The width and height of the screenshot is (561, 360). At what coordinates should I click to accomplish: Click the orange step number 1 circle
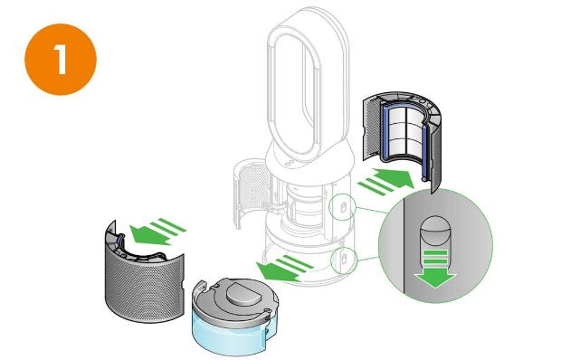(x=61, y=60)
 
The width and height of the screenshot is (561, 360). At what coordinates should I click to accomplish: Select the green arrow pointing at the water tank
(x=284, y=268)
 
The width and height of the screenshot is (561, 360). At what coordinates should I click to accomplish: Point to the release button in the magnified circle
(x=434, y=232)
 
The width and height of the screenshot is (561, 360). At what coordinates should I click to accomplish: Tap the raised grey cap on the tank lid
(x=243, y=292)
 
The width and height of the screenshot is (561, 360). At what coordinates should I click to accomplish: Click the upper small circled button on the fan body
(x=342, y=207)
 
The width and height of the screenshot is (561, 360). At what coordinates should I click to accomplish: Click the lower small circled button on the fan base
(x=344, y=260)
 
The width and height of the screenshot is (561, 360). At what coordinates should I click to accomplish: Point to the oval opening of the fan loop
(x=293, y=90)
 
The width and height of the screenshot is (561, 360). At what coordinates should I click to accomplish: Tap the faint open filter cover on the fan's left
(x=251, y=193)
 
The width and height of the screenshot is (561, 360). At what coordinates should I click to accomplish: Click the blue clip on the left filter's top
(x=120, y=239)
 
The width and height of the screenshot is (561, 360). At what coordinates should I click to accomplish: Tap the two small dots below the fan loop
(x=290, y=163)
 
